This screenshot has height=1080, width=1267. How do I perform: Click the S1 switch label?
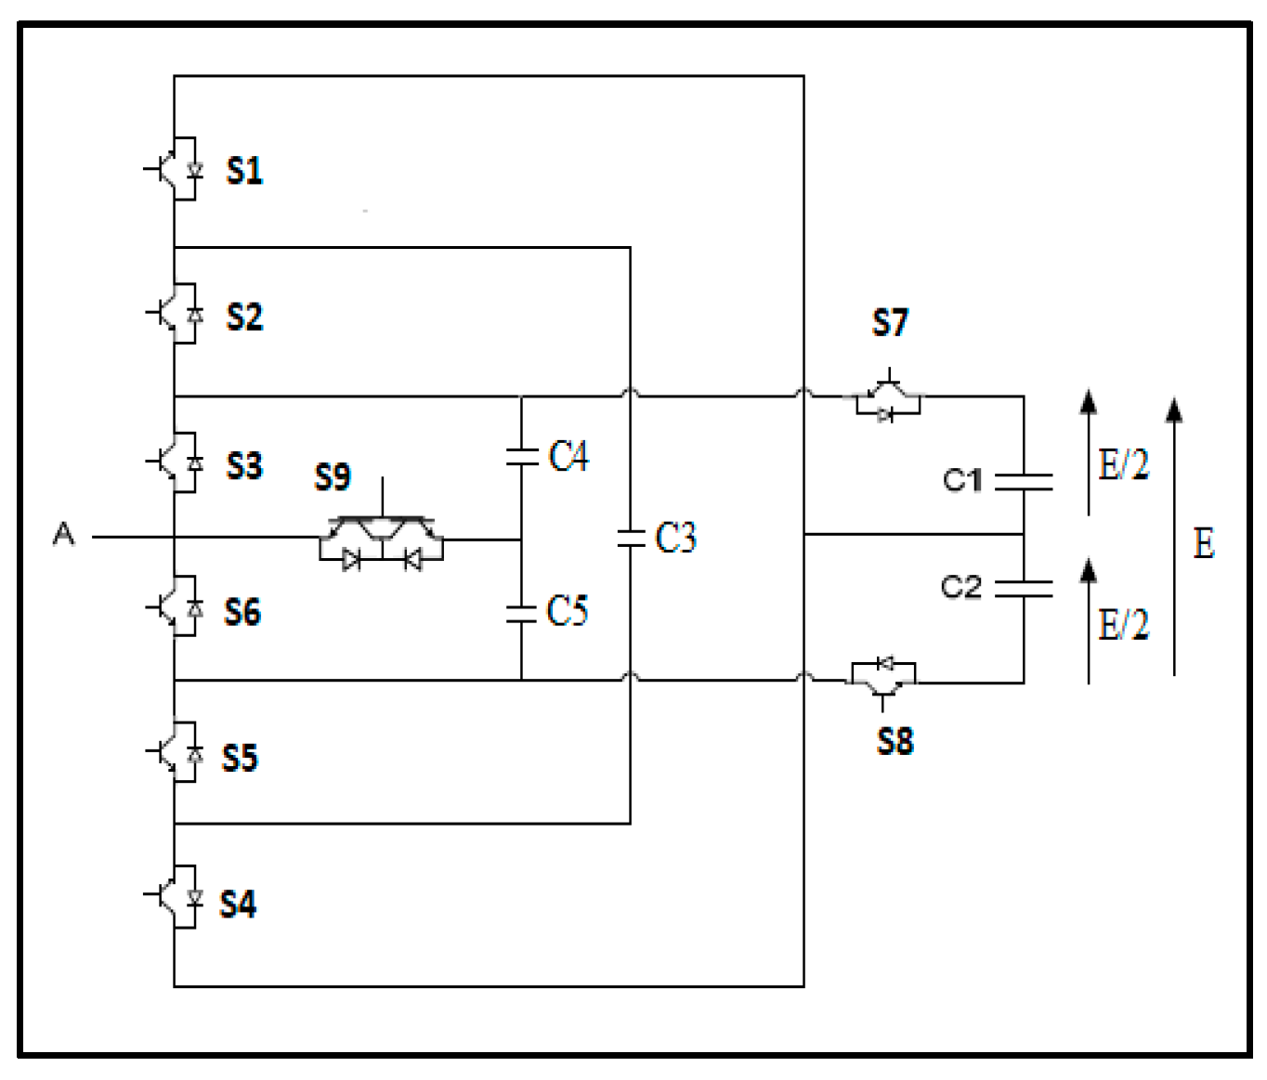pyautogui.click(x=244, y=171)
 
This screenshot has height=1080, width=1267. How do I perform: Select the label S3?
pyautogui.click(x=244, y=465)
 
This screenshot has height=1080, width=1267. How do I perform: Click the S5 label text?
pyautogui.click(x=240, y=758)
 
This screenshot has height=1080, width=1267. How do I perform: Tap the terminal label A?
pyautogui.click(x=63, y=534)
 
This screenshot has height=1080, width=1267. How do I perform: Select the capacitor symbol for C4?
pyautogui.click(x=522, y=456)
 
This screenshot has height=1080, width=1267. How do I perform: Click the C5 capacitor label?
pyautogui.click(x=567, y=611)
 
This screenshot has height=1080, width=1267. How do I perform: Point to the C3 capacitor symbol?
pyautogui.click(x=631, y=537)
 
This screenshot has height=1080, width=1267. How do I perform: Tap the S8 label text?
pyautogui.click(x=895, y=742)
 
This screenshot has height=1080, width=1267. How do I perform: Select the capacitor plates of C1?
pyautogui.click(x=1024, y=481)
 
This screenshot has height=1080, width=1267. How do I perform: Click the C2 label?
pyautogui.click(x=960, y=587)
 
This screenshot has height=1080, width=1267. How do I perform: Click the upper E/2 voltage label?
pyautogui.click(x=1123, y=464)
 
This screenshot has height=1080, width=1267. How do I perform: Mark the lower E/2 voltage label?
pyautogui.click(x=1123, y=624)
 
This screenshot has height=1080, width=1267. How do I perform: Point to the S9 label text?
pyautogui.click(x=332, y=477)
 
